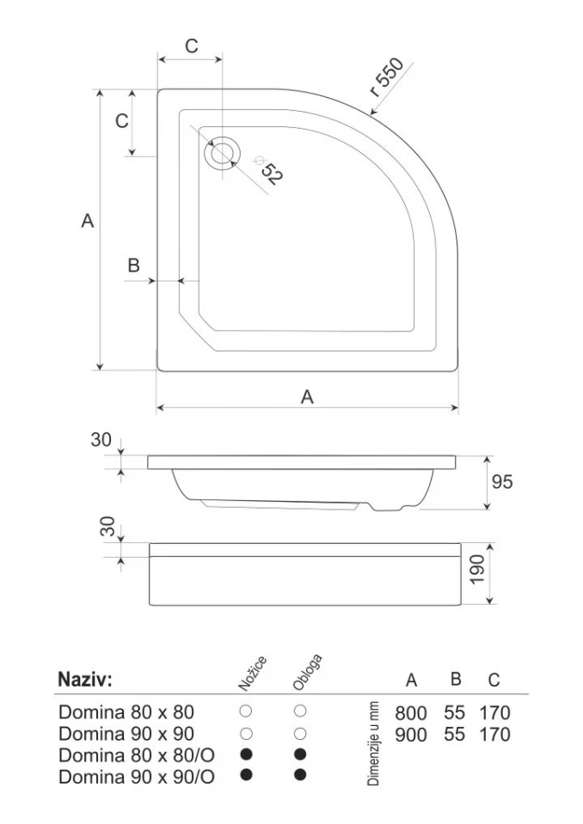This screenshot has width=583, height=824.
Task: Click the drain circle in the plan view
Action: click(222, 154)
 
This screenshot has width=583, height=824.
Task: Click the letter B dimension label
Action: click(133, 266)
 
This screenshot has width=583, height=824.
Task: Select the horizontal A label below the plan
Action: click(307, 397)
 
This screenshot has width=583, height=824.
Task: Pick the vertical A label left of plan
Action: click(87, 221)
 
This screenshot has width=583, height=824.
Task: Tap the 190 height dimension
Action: click(479, 569)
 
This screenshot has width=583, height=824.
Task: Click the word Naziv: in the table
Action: click(84, 680)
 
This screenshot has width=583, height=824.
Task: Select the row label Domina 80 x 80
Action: click(126, 712)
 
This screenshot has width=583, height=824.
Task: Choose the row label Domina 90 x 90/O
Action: click(136, 777)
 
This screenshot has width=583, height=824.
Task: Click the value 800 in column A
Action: click(411, 713)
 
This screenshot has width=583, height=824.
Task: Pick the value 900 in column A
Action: click(411, 735)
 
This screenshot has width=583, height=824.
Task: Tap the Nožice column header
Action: click(252, 673)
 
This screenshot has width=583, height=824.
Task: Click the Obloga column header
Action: click(307, 673)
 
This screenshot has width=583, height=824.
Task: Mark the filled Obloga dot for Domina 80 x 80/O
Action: click(300, 754)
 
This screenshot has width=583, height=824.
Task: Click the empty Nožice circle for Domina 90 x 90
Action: click(246, 733)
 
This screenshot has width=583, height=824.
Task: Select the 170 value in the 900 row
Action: click(494, 735)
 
